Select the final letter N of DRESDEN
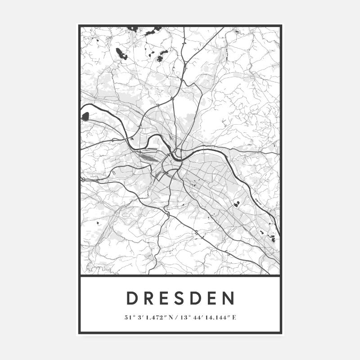[229, 298]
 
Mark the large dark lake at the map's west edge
[85, 117]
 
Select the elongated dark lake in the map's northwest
[121, 54]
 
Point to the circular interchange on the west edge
[83, 180]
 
